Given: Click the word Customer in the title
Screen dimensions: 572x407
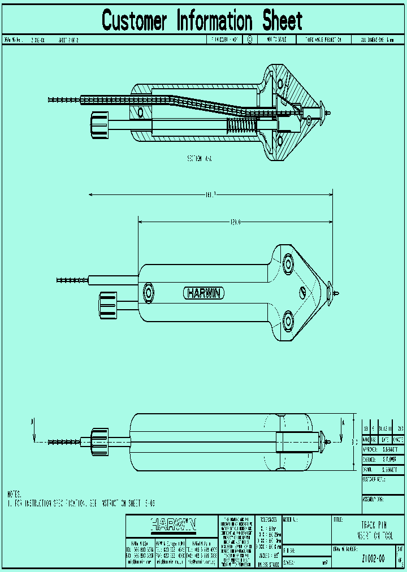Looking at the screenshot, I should [135, 21].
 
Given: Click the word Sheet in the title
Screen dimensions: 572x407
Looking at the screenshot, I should [282, 21].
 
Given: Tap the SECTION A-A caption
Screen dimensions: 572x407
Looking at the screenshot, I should [200, 159].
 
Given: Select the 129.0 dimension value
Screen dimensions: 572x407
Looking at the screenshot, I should [235, 222].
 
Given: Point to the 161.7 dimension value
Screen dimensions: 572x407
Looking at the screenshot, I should [210, 195].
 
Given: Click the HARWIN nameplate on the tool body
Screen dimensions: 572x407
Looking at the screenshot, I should [204, 293].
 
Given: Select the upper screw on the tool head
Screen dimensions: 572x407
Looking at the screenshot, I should [289, 263].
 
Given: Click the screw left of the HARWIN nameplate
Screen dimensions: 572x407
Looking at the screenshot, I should [149, 292].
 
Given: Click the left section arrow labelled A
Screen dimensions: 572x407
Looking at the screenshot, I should [34, 430].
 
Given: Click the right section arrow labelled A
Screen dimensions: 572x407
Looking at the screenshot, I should [342, 430].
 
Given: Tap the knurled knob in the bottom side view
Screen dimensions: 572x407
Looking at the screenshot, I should [99, 441].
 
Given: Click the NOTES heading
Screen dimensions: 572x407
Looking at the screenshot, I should [15, 494].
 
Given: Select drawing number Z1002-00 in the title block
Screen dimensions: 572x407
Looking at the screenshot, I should [373, 558].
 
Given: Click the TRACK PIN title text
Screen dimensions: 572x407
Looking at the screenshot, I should [374, 525].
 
